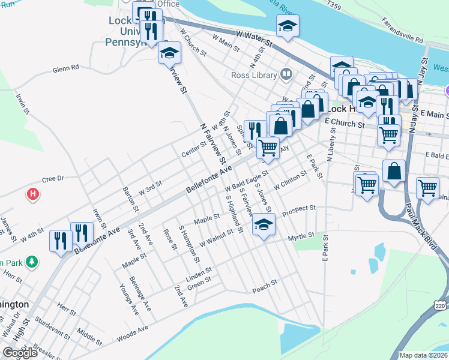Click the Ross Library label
coord(255,75)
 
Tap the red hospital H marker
coord(34,194)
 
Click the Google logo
coord(20,353)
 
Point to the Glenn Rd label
coord(66,68)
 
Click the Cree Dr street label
coord(52,179)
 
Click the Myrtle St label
coord(301,236)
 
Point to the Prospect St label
coord(299,209)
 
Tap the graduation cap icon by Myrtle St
coord(262,225)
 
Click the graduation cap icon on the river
coord(288,26)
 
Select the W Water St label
coord(255,40)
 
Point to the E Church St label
coord(345,123)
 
